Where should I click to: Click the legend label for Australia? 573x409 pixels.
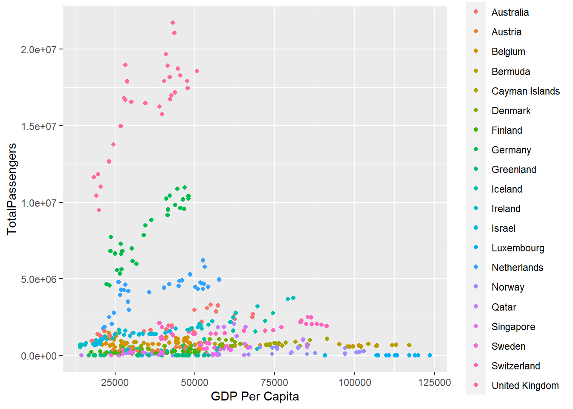click(509, 12)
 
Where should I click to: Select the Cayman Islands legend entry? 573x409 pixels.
click(525, 91)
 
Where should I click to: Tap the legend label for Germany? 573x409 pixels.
click(511, 150)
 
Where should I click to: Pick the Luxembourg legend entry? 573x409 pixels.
click(518, 248)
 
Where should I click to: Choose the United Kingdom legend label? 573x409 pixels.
click(525, 386)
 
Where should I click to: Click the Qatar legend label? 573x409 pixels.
click(504, 307)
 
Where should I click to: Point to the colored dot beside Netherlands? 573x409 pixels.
click(476, 267)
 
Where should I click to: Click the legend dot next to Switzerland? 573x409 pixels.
click(476, 366)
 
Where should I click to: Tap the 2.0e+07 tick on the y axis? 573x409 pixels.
click(38, 50)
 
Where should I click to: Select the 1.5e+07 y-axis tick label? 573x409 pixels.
click(38, 127)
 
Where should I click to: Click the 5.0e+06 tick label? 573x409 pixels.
click(38, 279)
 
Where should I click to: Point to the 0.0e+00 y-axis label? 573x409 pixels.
click(38, 356)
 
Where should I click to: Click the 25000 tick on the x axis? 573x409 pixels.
click(115, 382)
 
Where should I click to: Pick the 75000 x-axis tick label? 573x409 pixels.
click(274, 382)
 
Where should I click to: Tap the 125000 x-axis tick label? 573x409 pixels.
click(434, 382)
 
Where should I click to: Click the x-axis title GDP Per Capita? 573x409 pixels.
click(255, 397)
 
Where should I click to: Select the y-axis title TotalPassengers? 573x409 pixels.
click(12, 189)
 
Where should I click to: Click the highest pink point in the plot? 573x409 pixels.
click(173, 23)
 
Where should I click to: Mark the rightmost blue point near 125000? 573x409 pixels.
click(429, 355)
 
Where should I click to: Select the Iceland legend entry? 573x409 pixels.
click(506, 189)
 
